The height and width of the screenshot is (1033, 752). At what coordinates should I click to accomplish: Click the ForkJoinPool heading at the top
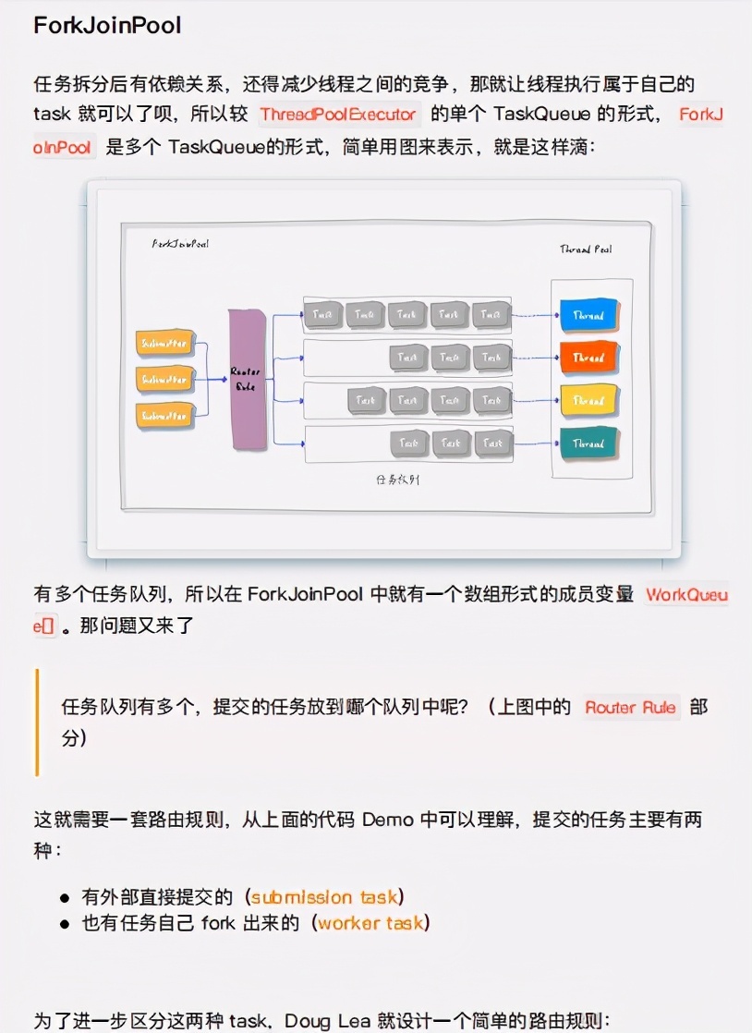pyautogui.click(x=107, y=26)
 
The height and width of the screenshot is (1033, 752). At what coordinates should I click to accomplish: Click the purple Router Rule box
pyautogui.click(x=247, y=380)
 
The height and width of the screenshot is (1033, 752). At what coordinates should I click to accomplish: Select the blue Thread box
pyautogui.click(x=588, y=315)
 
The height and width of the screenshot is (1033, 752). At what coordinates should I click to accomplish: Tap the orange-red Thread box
pyautogui.click(x=588, y=358)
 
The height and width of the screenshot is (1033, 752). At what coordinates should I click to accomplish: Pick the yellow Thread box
pyautogui.click(x=588, y=401)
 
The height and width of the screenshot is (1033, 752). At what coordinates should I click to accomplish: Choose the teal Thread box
pyautogui.click(x=588, y=444)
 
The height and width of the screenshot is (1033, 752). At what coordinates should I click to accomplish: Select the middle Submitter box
pyautogui.click(x=165, y=379)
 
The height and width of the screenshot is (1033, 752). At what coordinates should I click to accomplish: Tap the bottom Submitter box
pyautogui.click(x=165, y=416)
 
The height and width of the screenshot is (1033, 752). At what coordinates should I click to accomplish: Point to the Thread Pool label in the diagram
pyautogui.click(x=586, y=249)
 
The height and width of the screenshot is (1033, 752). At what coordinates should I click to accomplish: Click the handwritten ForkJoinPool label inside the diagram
pyautogui.click(x=180, y=244)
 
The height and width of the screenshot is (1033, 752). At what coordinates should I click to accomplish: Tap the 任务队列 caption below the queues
pyautogui.click(x=399, y=480)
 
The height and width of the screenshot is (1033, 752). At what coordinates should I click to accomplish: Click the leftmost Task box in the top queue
pyautogui.click(x=322, y=315)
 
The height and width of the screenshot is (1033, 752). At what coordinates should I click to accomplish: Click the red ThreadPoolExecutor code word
pyautogui.click(x=338, y=115)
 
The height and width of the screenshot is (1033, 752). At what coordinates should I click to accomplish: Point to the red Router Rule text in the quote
pyautogui.click(x=632, y=709)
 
